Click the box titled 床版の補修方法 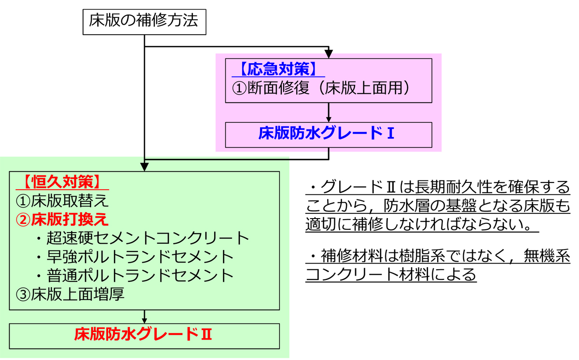(144, 22)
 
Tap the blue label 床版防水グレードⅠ (327, 134)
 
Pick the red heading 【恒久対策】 (63, 182)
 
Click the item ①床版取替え (62, 200)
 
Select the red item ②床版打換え (62, 219)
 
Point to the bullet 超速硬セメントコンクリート (147, 238)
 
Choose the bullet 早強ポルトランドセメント (139, 257)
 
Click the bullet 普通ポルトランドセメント (139, 276)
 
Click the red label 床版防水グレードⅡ (143, 334)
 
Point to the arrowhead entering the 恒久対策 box (144, 167)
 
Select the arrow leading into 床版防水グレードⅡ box (144, 318)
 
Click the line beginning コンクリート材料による (391, 275)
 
